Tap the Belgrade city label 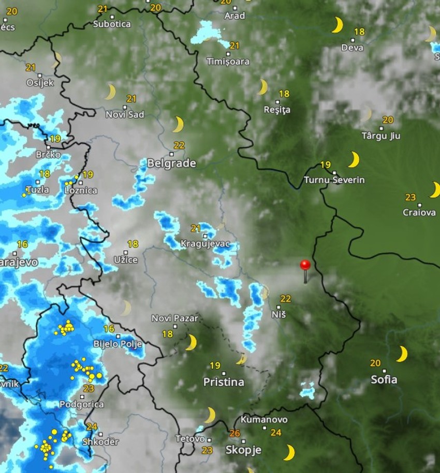[171, 163]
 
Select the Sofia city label [384, 379]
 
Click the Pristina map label [224, 382]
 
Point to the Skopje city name [243, 450]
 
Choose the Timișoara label [228, 62]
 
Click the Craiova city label [419, 212]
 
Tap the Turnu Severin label [334, 180]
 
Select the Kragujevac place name [205, 243]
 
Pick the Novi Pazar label [174, 318]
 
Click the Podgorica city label [81, 404]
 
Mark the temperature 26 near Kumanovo [234, 433]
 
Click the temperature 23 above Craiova [410, 197]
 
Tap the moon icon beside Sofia [401, 354]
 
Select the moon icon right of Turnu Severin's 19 [354, 159]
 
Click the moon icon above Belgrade [178, 125]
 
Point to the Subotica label [112, 24]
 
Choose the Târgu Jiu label [381, 136]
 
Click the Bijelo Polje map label [117, 343]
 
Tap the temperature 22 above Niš [285, 298]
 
